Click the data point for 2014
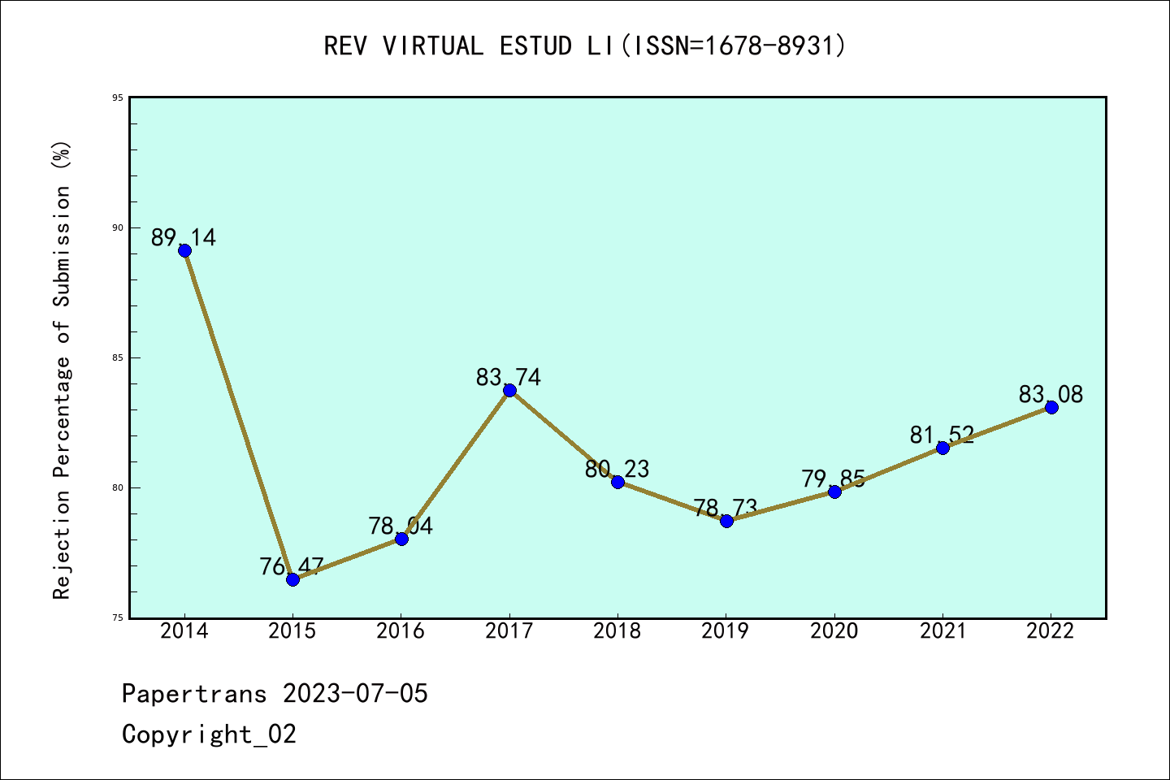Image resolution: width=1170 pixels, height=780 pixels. pyautogui.click(x=184, y=250)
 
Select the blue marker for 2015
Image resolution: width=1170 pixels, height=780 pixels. pyautogui.click(x=292, y=579)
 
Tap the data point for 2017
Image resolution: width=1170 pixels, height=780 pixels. pyautogui.click(x=509, y=390)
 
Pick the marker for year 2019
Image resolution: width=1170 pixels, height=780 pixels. pyautogui.click(x=726, y=521)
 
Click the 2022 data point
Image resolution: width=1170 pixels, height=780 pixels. pyautogui.click(x=1051, y=407)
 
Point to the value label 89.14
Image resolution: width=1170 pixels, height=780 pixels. pyautogui.click(x=184, y=237)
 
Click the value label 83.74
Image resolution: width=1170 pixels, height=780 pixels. pyautogui.click(x=509, y=377)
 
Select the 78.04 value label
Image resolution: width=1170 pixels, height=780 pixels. pyautogui.click(x=401, y=526)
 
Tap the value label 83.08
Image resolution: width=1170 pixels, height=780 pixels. pyautogui.click(x=1051, y=394)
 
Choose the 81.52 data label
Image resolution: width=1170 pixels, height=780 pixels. pyautogui.click(x=942, y=435)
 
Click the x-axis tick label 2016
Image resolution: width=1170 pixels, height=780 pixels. pyautogui.click(x=401, y=631)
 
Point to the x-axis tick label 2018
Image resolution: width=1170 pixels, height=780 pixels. pyautogui.click(x=617, y=631)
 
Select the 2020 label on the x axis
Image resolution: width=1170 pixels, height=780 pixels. pyautogui.click(x=834, y=631)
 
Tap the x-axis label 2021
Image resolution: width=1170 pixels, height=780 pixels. pyautogui.click(x=942, y=631)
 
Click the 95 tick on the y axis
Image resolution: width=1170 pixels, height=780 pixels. pyautogui.click(x=119, y=97)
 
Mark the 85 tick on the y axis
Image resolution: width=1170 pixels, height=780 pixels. pyautogui.click(x=119, y=357)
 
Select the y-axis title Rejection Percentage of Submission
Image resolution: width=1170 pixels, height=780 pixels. pyautogui.click(x=63, y=370)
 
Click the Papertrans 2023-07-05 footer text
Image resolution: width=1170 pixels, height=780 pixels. pyautogui.click(x=275, y=693)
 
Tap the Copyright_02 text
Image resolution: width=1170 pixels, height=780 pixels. pyautogui.click(x=209, y=734)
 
